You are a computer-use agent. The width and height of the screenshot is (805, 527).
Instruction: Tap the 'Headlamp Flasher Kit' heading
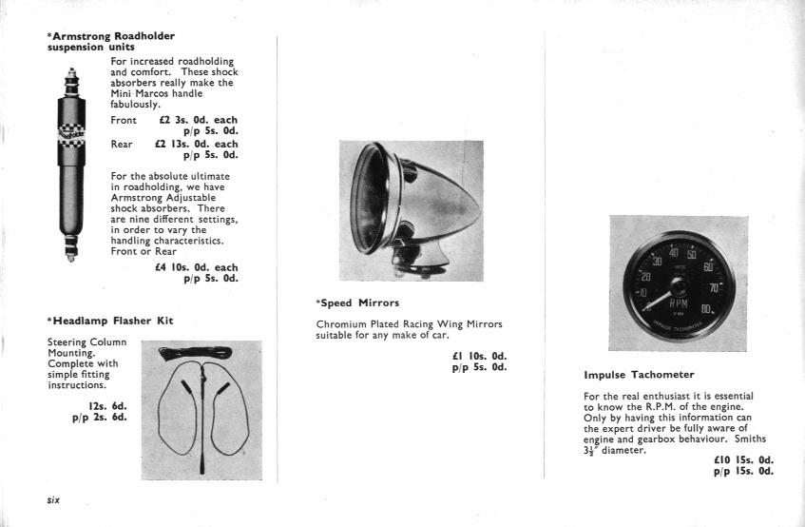click(110, 321)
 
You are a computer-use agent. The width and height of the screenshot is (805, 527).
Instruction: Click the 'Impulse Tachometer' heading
click(639, 375)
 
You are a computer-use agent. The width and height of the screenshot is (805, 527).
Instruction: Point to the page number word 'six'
click(54, 499)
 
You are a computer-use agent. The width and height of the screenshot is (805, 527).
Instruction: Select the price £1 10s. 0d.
click(479, 358)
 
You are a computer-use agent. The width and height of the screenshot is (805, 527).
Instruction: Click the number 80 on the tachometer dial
click(706, 309)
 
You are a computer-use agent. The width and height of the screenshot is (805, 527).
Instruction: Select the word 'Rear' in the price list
click(122, 144)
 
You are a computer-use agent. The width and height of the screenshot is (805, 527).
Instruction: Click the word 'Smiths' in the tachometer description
click(749, 439)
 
